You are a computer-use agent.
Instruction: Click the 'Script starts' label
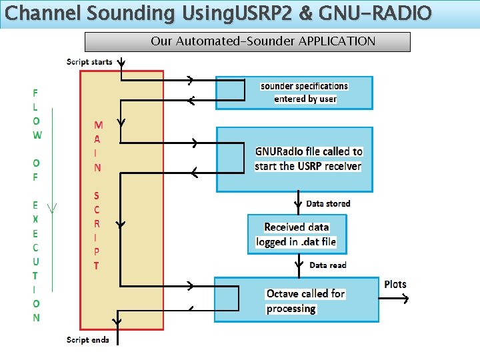[89, 62]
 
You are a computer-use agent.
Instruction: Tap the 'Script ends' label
[87, 340]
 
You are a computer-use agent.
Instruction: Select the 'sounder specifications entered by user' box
[294, 93]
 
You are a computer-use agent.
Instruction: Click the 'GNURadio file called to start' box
[294, 159]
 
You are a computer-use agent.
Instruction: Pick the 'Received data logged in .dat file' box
[296, 234]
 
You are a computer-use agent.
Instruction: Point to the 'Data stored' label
[327, 203]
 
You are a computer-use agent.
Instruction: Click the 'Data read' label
[327, 265]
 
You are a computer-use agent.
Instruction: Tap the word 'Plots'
[395, 285]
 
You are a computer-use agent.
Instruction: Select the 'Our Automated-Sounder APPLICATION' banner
[247, 41]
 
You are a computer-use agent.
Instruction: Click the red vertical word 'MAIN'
[97, 146]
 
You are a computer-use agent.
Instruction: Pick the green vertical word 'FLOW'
[36, 114]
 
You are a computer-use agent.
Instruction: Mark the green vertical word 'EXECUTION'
[36, 261]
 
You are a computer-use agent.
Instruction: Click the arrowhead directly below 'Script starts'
[121, 63]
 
